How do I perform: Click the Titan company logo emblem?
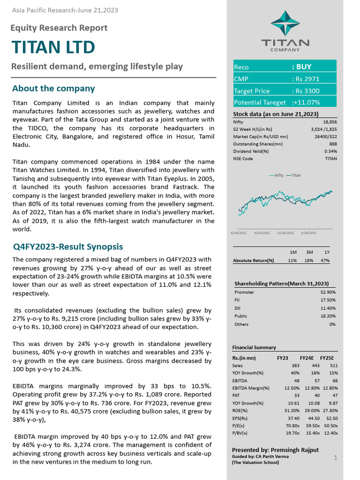[285, 23]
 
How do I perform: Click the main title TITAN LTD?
[53, 47]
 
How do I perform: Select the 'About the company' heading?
[53, 89]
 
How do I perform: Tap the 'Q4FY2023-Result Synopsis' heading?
[67, 247]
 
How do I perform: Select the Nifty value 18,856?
[330, 121]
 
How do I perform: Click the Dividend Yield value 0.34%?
[330, 151]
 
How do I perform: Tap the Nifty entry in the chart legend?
[276, 175]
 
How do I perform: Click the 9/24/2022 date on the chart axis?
[262, 232]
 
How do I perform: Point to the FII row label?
[238, 300]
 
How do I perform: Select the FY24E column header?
[307, 358]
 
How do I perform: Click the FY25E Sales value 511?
[333, 366]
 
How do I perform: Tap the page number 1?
[336, 457]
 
